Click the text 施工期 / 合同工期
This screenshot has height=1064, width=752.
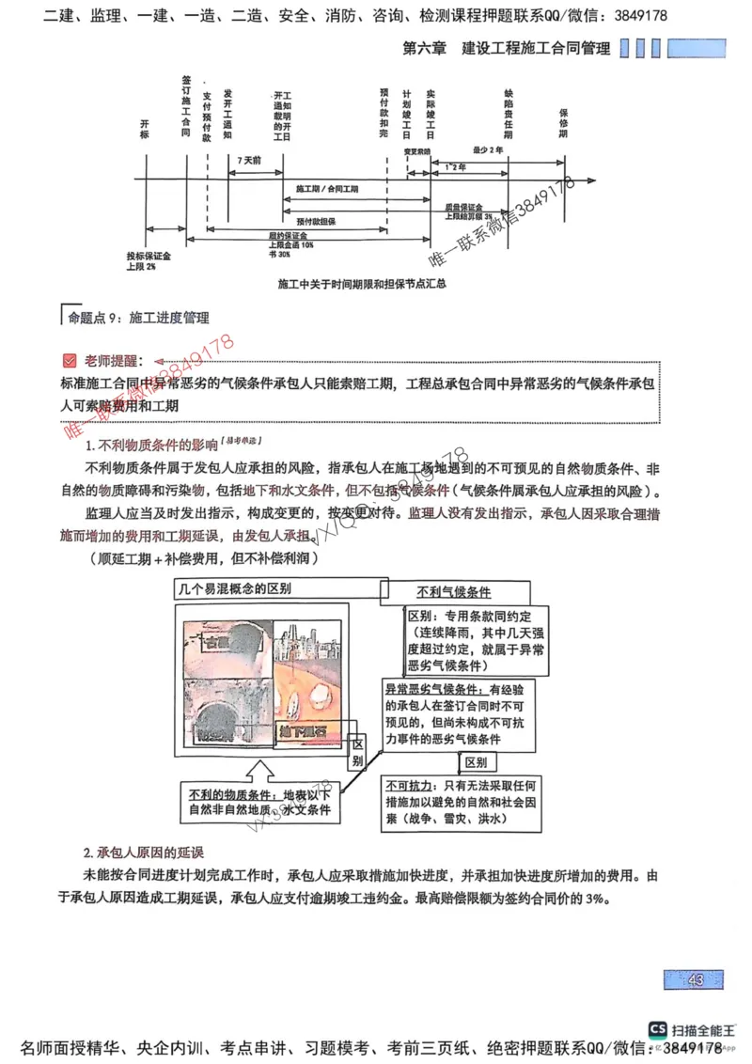tap(325, 189)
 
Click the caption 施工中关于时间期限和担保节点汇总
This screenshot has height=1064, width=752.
tap(361, 283)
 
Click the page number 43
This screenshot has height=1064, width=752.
tap(696, 980)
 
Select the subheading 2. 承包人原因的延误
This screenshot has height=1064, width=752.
tap(143, 853)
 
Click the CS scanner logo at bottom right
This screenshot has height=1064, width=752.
tap(657, 1031)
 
